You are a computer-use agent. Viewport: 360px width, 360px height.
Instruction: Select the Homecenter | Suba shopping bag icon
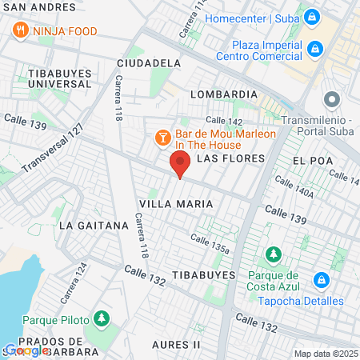pyautogui.click(x=312, y=15)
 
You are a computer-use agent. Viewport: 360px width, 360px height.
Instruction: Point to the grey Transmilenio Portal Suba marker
pyautogui.click(x=330, y=101)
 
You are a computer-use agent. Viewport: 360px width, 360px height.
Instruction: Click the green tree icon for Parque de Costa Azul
pyautogui.click(x=274, y=254)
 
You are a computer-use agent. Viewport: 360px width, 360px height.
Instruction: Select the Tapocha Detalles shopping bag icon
pyautogui.click(x=321, y=280)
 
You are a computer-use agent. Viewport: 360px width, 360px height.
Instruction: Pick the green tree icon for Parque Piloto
pyautogui.click(x=102, y=318)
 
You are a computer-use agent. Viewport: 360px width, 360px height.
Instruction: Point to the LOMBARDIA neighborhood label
pyautogui.click(x=223, y=94)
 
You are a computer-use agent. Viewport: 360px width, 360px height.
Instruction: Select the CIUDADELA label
pyautogui.click(x=148, y=62)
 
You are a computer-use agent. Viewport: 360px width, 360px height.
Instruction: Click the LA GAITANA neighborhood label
pyautogui.click(x=94, y=226)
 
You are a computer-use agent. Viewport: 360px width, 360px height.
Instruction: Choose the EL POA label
pyautogui.click(x=312, y=161)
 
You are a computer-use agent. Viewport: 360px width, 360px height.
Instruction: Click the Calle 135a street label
pyautogui.click(x=210, y=242)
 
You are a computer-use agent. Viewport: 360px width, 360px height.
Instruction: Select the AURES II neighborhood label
pyautogui.click(x=174, y=344)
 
